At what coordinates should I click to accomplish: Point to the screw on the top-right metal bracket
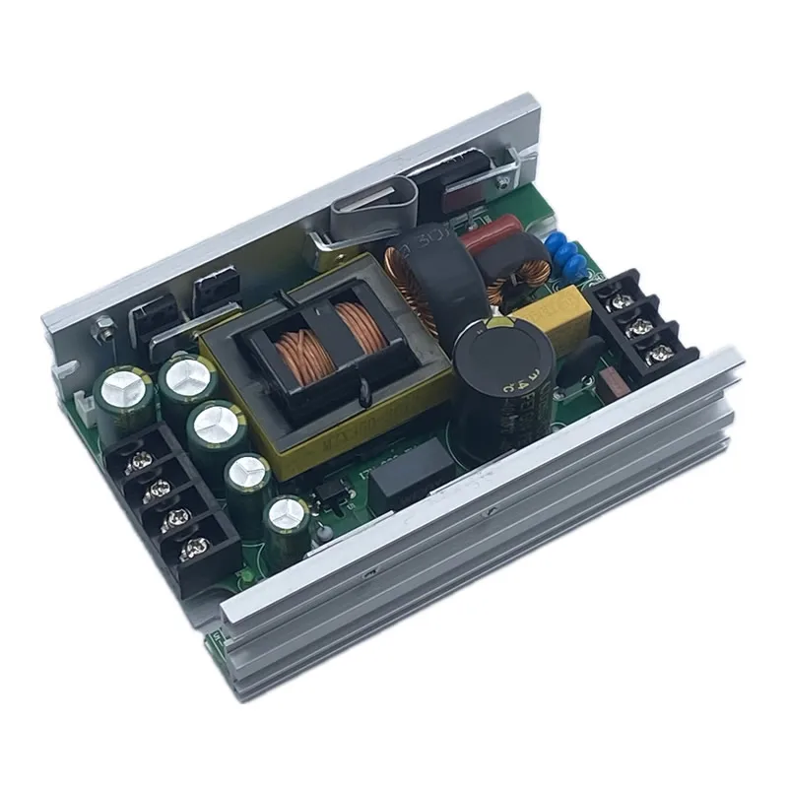pos(503,177)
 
